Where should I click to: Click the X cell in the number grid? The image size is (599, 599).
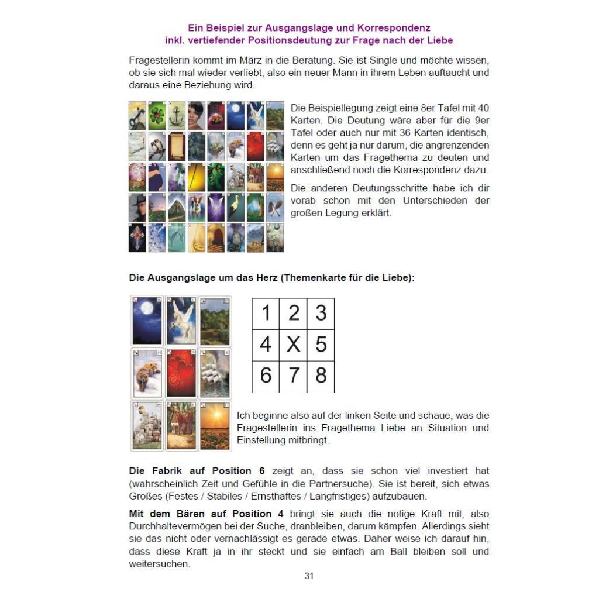tap(293, 344)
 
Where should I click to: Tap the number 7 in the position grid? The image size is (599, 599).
tap(293, 375)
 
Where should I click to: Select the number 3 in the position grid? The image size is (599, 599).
tap(321, 313)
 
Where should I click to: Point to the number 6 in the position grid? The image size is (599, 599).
tap(266, 375)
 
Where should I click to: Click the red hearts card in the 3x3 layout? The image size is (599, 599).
tap(181, 373)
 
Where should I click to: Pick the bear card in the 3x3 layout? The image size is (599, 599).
tap(146, 373)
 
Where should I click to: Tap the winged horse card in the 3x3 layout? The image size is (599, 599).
tap(181, 321)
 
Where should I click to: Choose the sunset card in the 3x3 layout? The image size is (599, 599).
tap(215, 425)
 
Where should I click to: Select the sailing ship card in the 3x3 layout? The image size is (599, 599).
tap(215, 373)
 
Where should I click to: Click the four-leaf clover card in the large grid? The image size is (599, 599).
tap(157, 116)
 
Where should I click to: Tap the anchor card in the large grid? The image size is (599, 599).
tap(177, 116)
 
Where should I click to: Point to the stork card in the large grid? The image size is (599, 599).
tap(236, 207)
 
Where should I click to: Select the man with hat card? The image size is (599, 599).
tap(137, 207)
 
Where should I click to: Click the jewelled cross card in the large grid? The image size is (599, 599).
tap(137, 237)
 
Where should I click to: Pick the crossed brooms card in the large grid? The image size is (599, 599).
tap(275, 207)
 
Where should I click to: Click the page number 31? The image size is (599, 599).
tap(309, 576)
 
